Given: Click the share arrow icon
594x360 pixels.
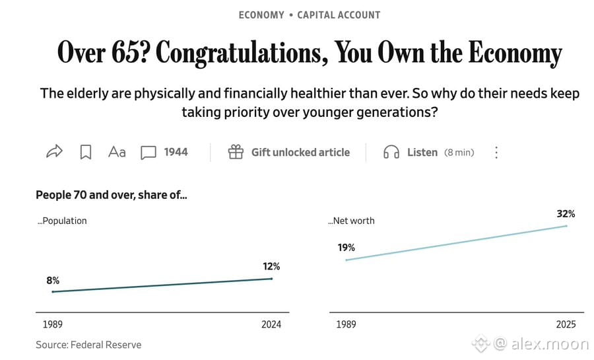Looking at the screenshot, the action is point(54,151).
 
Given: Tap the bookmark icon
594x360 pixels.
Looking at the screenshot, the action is point(86,153).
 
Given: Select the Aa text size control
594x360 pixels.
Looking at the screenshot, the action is point(117,152).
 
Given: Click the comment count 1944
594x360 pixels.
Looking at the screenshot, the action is point(176,152).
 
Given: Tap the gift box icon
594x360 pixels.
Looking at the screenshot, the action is point(236,152).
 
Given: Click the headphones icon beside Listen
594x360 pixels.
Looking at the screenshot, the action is point(391,152).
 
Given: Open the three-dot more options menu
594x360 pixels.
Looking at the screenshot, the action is point(496,153).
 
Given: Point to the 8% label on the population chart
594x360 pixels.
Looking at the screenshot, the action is point(53,281).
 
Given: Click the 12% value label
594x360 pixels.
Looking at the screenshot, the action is point(271,266).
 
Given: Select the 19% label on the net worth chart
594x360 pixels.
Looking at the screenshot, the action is point(346,248).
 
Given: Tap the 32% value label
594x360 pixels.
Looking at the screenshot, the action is point(566,214).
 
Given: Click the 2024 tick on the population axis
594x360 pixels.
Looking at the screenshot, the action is point(271,324).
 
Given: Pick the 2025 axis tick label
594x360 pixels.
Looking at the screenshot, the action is point(566,324).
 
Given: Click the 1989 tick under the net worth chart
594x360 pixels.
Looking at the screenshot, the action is point(346,324).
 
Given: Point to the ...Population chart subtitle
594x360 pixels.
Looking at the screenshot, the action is point(62,221).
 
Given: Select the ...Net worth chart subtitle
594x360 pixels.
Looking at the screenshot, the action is point(351,221).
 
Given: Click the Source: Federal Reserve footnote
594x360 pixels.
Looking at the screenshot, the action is point(88,345).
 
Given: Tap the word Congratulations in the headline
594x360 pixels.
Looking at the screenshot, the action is point(242,53).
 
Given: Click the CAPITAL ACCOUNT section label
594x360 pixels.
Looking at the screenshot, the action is point(339,15).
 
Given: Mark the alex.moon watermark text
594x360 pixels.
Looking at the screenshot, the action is point(550,344).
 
